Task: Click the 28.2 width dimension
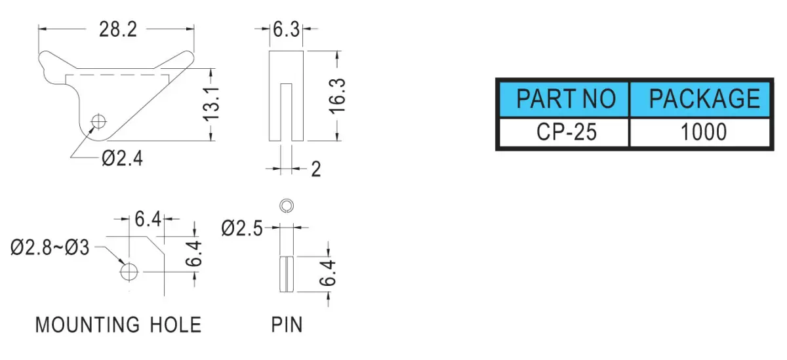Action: coord(117,30)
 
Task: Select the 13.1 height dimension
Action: coord(211,104)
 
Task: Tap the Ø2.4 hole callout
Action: coord(122,159)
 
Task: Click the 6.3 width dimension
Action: coord(286,30)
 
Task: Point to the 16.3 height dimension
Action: coord(337,96)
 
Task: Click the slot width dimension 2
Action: coord(316,169)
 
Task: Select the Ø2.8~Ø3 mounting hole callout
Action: coord(50,248)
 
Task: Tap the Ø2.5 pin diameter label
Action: coord(242,228)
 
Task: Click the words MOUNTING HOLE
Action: coord(119,325)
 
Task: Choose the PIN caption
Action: coord(287,325)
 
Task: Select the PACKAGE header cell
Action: coord(701,99)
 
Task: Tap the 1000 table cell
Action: coord(701,132)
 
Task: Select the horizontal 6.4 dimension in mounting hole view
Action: coord(148,220)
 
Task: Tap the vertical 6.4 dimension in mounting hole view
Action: coord(193,254)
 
